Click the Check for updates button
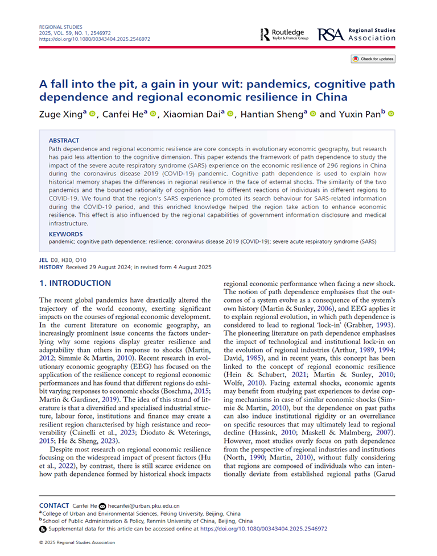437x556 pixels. point(373,59)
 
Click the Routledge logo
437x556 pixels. point(282,34)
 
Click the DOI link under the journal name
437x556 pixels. point(94,39)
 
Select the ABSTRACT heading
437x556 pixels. point(64,140)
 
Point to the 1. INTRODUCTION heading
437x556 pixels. point(75,283)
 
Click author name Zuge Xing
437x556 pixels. point(61,114)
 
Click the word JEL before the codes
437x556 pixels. point(43,259)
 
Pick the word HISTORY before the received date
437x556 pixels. point(51,266)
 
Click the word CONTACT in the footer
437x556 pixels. point(54,505)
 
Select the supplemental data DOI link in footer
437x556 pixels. point(264,528)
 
